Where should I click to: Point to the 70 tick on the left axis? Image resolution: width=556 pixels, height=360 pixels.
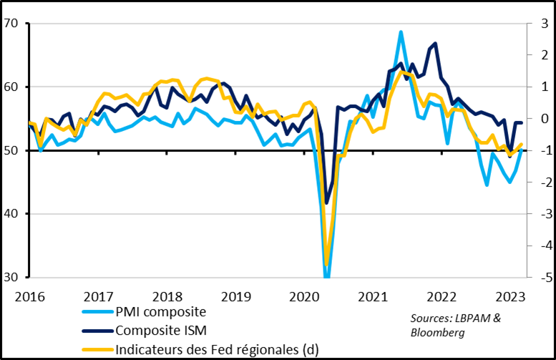11,24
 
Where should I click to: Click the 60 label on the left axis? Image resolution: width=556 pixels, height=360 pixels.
11,87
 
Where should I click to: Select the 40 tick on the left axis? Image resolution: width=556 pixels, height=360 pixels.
11,214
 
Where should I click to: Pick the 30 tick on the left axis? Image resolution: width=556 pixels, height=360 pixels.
11,278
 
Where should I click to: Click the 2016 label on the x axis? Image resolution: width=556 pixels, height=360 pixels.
28,296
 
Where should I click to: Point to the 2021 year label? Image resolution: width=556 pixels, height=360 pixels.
372,296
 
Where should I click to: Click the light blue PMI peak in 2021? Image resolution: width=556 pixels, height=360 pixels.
401,31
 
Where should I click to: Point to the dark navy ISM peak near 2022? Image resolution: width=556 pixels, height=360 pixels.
436,44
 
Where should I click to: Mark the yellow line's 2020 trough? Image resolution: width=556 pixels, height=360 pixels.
327,264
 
